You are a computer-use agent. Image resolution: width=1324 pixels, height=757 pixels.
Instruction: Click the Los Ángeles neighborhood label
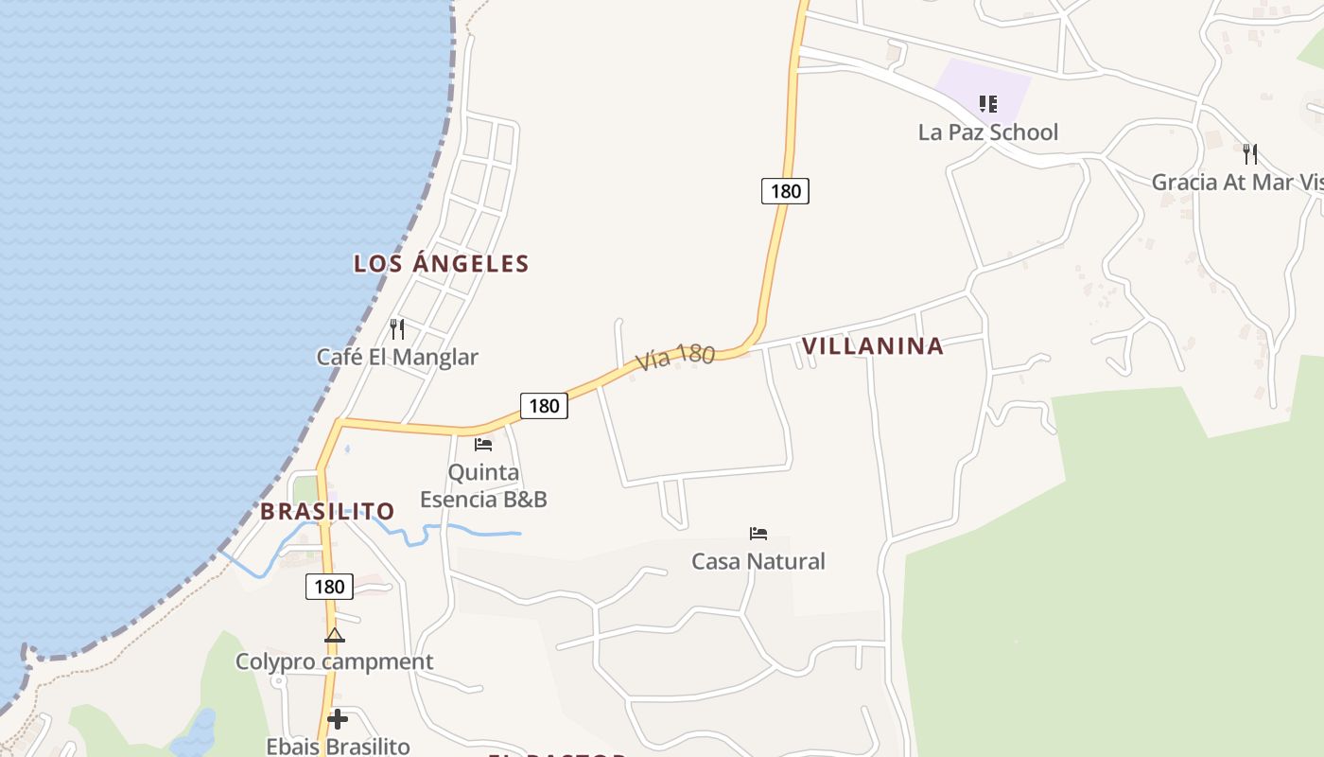[441, 264]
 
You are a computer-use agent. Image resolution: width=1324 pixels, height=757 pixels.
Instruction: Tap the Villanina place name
[872, 346]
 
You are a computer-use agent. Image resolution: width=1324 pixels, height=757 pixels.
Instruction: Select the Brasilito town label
[327, 512]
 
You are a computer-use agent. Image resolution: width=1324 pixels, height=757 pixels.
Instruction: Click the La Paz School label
[987, 132]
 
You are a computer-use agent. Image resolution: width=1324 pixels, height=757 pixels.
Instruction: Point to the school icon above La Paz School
[987, 103]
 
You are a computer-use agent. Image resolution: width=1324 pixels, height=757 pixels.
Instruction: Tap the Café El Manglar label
[397, 358]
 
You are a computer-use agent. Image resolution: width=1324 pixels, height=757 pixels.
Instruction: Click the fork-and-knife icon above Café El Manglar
[397, 329]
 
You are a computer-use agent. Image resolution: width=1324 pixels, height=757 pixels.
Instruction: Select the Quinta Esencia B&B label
[483, 485]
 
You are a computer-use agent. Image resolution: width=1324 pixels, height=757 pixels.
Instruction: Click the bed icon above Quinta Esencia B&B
[483, 444]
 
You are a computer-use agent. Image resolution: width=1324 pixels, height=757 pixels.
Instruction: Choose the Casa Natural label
[758, 562]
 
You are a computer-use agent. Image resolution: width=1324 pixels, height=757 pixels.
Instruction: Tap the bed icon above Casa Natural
[758, 534]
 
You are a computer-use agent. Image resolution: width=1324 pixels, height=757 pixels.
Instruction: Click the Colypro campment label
[334, 662]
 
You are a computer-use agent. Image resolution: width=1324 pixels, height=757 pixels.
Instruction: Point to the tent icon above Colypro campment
[334, 635]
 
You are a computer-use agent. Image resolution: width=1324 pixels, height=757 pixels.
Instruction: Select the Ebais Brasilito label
[338, 747]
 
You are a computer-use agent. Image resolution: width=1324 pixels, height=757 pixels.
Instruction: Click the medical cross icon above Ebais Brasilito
[337, 719]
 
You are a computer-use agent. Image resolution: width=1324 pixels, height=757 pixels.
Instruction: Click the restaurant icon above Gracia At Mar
[1250, 153]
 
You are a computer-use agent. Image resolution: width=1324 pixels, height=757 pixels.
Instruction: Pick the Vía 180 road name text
[674, 357]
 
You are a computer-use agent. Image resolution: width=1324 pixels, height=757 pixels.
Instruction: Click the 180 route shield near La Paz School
[785, 191]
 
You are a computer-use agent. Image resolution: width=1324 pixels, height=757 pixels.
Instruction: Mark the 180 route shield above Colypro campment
[329, 587]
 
